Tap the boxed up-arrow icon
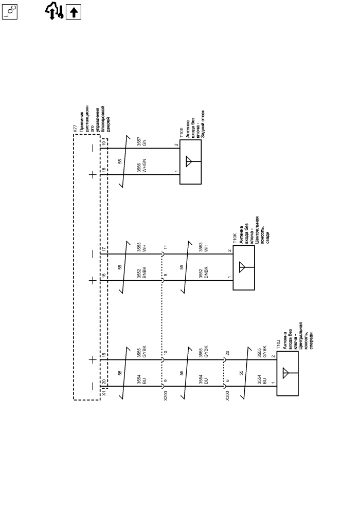(75, 11)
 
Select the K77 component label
(76, 132)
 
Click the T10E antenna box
(190, 162)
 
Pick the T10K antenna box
(243, 268)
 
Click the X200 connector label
(165, 397)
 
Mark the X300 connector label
(227, 397)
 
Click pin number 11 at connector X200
(166, 248)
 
